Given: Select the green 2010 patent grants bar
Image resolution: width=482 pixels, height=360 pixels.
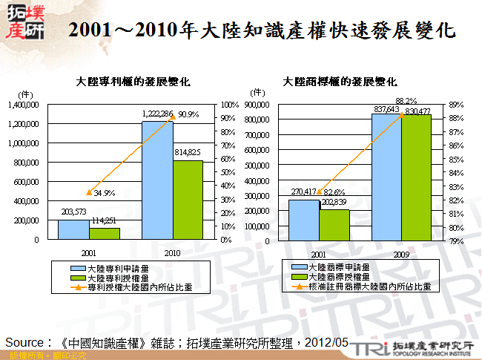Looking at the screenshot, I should click(x=188, y=200).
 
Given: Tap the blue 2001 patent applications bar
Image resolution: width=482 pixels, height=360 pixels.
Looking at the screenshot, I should click(x=73, y=229).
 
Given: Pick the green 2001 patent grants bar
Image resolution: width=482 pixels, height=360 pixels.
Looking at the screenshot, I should click(x=104, y=234).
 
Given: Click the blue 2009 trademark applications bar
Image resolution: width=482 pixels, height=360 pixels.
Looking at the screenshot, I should click(x=387, y=177).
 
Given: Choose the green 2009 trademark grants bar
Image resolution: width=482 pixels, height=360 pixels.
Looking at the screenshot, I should click(x=416, y=178).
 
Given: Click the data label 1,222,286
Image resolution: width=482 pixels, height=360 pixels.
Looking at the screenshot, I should click(x=157, y=114).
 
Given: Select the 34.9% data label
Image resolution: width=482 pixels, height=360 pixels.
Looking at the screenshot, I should click(x=104, y=193).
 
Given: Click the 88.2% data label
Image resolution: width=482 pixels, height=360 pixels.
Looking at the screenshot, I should click(x=406, y=101).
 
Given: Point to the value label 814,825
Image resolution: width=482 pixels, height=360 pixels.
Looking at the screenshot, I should click(x=188, y=152).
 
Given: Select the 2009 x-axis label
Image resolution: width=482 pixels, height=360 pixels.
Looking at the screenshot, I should click(x=402, y=252).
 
